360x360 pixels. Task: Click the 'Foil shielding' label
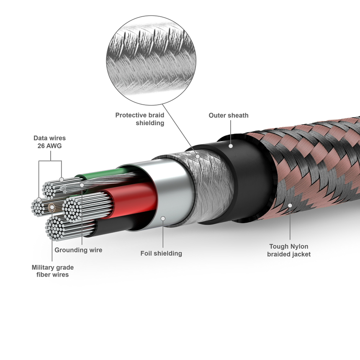pyautogui.click(x=161, y=253)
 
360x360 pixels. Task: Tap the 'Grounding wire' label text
pyautogui.click(x=78, y=250)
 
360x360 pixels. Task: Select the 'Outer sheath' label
pyautogui.click(x=228, y=116)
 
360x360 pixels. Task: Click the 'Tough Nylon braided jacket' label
pyautogui.click(x=289, y=250)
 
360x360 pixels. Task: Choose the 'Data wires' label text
pyautogui.click(x=49, y=141)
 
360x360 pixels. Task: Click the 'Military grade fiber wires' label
pyautogui.click(x=52, y=271)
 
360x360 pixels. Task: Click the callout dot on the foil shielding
pyautogui.click(x=164, y=217)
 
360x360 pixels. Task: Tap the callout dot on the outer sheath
pyautogui.click(x=231, y=145)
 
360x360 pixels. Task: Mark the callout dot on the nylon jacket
pyautogui.click(x=290, y=205)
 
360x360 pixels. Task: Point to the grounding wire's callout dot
pyautogui.click(x=81, y=184)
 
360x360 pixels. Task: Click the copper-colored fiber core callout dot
pyautogui.click(x=52, y=206)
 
